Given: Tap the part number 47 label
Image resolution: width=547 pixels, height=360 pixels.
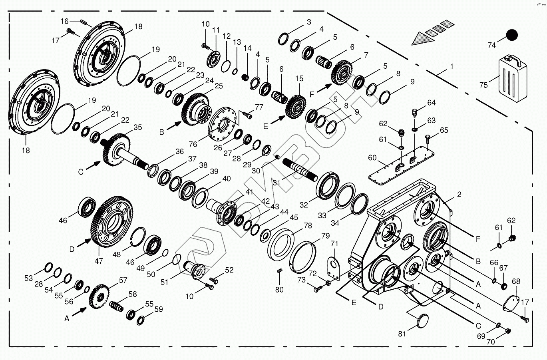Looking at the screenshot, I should coord(99,261).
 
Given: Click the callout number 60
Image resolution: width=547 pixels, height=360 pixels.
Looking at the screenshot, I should coord(372,158).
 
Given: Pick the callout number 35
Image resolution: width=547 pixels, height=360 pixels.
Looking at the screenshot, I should coord(137,127).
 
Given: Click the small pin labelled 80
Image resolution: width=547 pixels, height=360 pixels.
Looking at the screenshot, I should coord(280,272).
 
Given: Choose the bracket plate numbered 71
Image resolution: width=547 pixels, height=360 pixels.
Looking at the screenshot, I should coord(332,267).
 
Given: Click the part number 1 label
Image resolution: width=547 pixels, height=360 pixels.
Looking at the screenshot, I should coord(452,67).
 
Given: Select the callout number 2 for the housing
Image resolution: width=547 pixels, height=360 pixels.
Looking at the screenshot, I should coord(459,195).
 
